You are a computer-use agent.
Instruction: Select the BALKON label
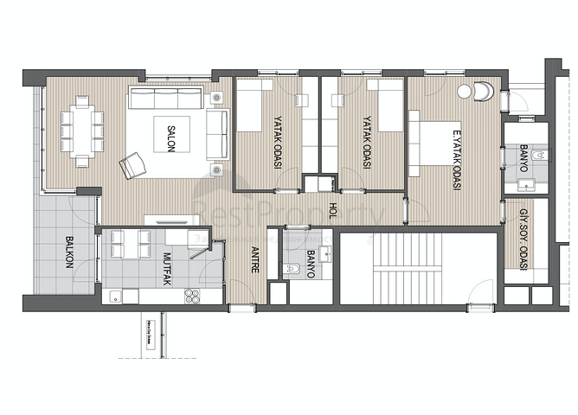[x=67, y=253]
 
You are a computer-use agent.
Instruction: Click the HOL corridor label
[x=332, y=210]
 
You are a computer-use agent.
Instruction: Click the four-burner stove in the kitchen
[x=192, y=296]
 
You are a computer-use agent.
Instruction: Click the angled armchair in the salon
[x=132, y=164]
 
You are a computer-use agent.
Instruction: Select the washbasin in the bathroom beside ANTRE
[x=325, y=254]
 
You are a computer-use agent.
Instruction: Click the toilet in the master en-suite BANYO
[x=541, y=156]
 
